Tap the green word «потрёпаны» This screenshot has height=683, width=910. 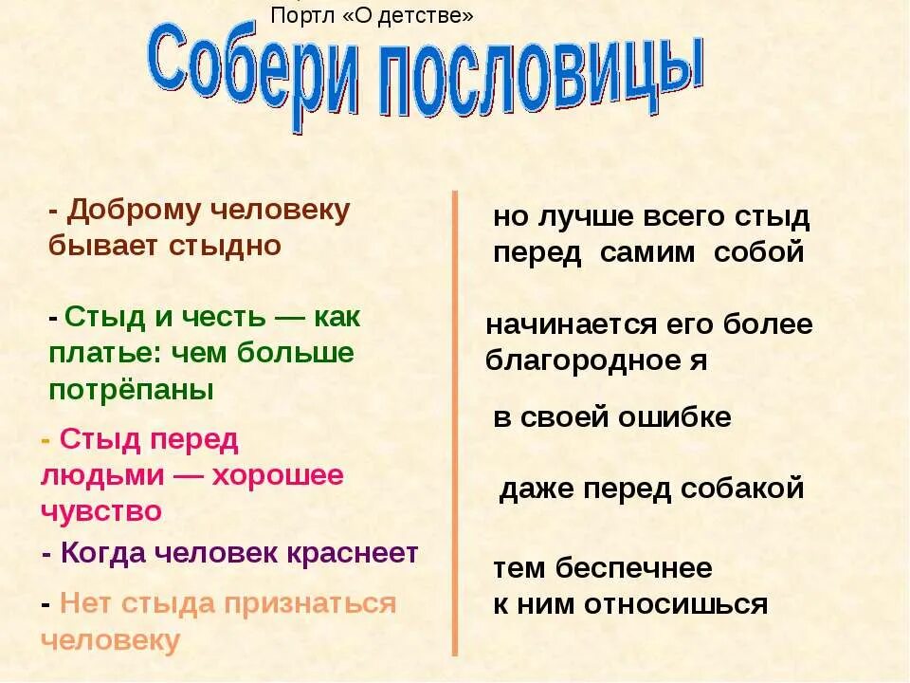pos(131,390)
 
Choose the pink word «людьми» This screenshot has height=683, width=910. pos(97,475)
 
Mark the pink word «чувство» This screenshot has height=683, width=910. pos(101,511)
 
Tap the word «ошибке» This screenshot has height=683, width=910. pos(683,417)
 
